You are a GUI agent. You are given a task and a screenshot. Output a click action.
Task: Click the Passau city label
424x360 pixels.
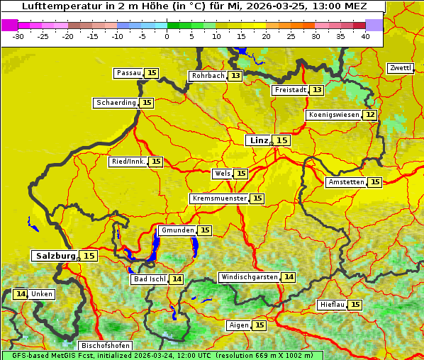[x=129, y=73]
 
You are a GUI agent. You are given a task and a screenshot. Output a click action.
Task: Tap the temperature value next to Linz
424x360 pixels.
[x=282, y=140]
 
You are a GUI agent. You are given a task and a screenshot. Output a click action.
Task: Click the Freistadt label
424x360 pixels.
[x=291, y=90]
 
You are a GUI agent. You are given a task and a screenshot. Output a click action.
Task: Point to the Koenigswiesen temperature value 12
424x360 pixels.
[x=370, y=115]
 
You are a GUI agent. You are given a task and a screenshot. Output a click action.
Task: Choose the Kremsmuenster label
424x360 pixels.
[x=219, y=198]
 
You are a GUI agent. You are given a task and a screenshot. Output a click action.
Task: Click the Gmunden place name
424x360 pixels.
[x=177, y=230]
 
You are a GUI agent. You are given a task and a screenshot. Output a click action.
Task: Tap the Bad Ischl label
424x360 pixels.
[x=149, y=279]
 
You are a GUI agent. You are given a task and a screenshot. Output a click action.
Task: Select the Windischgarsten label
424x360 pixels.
[x=249, y=277]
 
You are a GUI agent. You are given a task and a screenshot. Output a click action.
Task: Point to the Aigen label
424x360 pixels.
[x=239, y=325]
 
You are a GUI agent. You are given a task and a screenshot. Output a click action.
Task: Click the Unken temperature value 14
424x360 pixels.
[x=21, y=294]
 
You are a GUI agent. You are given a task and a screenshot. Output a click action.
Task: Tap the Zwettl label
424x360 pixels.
[x=400, y=68]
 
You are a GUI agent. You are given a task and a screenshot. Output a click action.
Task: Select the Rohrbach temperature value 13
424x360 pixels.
[x=235, y=76]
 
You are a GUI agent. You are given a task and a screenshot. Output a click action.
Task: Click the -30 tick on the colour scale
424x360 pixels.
[x=18, y=35]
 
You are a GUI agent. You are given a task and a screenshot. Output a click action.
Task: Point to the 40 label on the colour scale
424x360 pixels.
[x=365, y=35]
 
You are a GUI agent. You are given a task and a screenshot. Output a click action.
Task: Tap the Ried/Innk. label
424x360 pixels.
[x=128, y=162]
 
